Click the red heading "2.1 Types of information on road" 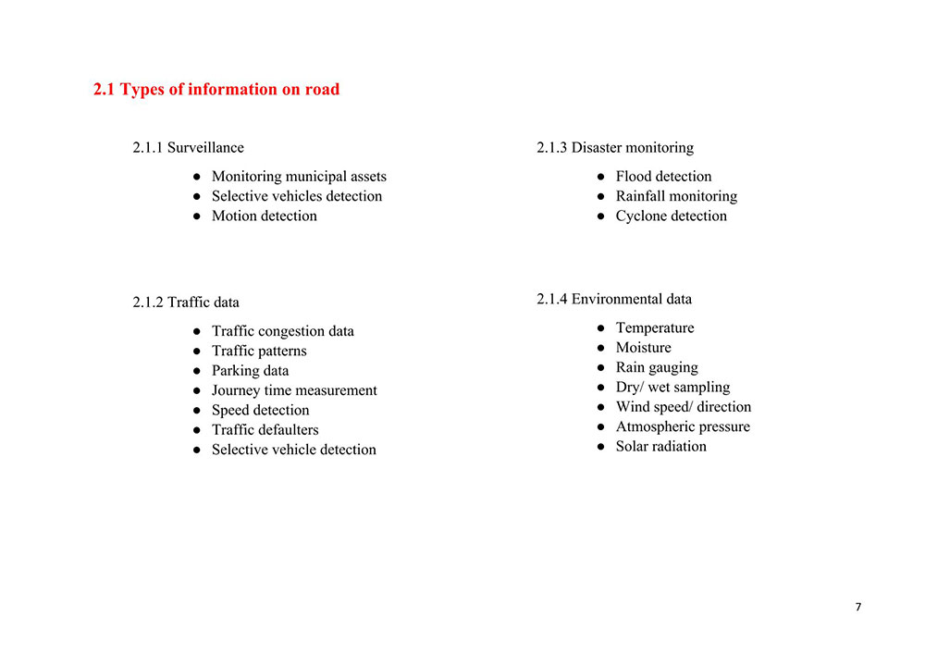coord(216,90)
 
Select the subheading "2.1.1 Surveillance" coord(189,148)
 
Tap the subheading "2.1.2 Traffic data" coord(186,302)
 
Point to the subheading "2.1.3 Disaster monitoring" coord(615,148)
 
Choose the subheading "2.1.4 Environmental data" coord(614,300)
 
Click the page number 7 coord(857,607)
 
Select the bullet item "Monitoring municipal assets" coord(299,177)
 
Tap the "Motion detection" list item coord(264,216)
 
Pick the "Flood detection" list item coord(663,177)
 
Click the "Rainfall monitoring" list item coord(676,196)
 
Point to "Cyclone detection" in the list coord(671,216)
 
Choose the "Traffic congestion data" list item coord(282,331)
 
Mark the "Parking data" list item coord(250,371)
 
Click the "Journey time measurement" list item coord(294,390)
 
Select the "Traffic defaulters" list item coord(265,430)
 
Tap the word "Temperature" coord(654,328)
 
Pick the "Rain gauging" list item coord(657,367)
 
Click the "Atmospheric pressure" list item coord(683,426)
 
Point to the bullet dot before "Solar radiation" coord(600,447)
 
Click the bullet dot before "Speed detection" coord(197,411)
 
